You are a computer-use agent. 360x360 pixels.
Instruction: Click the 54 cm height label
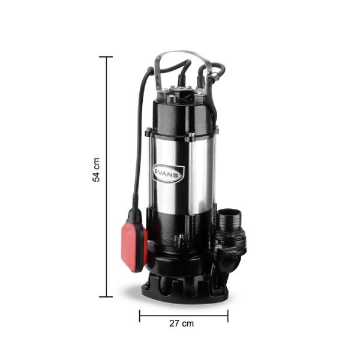(96, 170)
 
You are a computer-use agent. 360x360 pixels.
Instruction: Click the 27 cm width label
(182, 323)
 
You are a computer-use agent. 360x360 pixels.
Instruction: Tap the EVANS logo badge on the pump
(168, 173)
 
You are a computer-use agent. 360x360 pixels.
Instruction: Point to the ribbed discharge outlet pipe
(230, 220)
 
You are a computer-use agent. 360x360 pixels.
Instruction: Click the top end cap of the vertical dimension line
(106, 57)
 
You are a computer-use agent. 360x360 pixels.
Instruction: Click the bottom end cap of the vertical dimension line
(106, 296)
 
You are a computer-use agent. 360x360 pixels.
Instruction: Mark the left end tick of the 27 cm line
(140, 316)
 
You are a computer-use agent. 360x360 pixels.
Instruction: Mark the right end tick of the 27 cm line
(228, 316)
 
